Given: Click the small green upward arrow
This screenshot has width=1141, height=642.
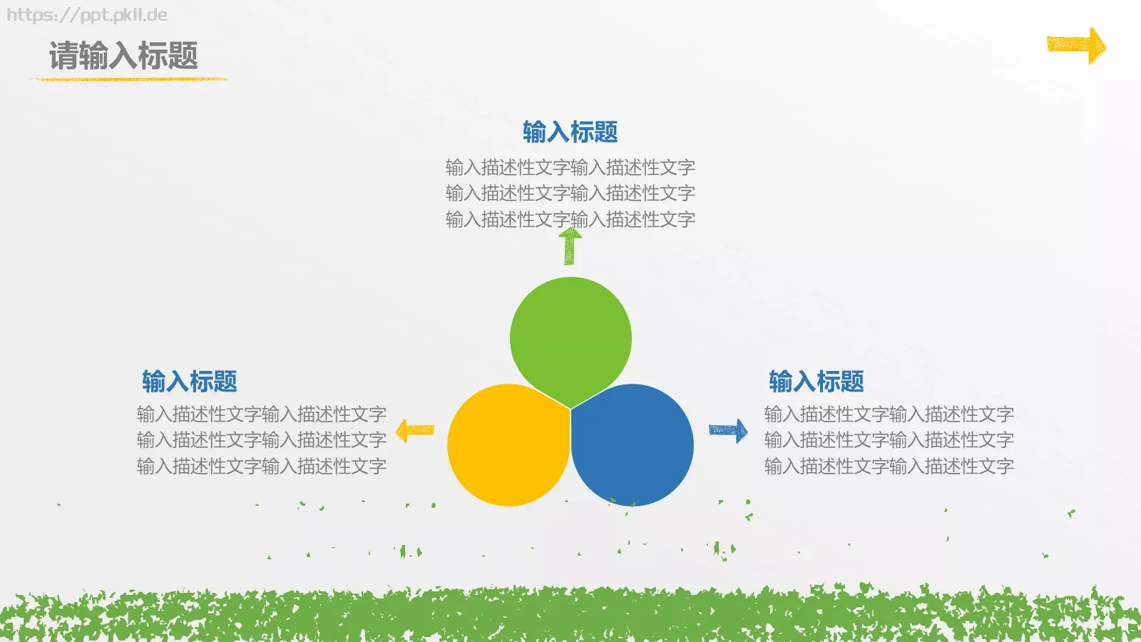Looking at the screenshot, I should [569, 246].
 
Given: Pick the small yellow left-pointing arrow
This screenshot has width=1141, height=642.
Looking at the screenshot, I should [414, 430].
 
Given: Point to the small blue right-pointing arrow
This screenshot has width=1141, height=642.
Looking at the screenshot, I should [728, 430].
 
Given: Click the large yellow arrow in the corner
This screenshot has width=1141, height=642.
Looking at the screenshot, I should [1076, 46].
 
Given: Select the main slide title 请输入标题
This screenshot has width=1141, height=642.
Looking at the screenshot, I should [123, 56].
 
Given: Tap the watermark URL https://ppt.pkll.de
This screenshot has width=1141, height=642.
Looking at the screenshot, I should [87, 15].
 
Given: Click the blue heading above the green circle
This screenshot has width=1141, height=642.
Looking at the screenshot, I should [570, 132].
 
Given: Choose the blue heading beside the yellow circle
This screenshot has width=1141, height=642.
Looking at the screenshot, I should [189, 382].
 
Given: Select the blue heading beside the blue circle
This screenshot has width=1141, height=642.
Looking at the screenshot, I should [816, 382].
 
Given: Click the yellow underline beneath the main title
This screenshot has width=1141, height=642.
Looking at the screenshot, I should [128, 78].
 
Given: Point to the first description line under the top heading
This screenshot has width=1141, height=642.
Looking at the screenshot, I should [570, 167].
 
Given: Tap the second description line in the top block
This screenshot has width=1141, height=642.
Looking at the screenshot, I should [570, 193].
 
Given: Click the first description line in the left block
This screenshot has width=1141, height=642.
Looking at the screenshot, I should [261, 414].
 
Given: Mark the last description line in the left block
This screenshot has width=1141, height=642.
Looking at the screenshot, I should [261, 466].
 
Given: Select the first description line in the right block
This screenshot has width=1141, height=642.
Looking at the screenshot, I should [889, 414].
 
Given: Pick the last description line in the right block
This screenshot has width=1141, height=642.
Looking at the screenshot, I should [889, 466].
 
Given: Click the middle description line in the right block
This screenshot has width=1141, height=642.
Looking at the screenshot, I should [889, 439].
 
